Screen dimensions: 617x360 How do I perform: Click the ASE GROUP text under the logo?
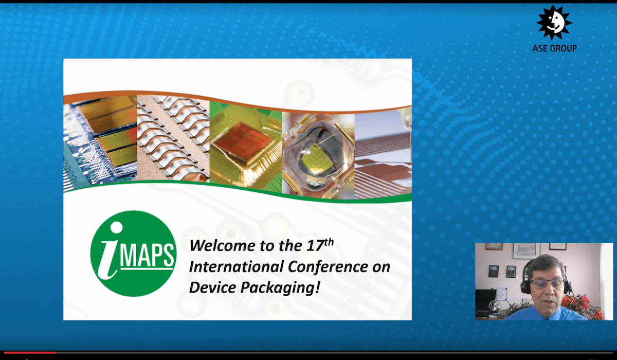pyautogui.click(x=554, y=48)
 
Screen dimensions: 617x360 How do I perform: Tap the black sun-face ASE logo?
pyautogui.click(x=554, y=22)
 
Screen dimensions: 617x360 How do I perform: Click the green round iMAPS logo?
pyautogui.click(x=133, y=254)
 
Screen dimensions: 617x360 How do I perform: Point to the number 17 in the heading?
pyautogui.click(x=315, y=246)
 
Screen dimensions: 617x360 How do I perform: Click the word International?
pyautogui.click(x=237, y=266)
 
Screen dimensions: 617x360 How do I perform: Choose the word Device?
pyautogui.click(x=212, y=287)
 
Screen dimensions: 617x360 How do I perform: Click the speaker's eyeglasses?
pyautogui.click(x=547, y=283)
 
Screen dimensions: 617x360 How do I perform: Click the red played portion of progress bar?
pyautogui.click(x=30, y=353)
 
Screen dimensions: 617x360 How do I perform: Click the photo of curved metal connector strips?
pyautogui.click(x=173, y=139)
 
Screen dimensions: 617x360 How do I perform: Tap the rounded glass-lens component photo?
pyautogui.click(x=318, y=156)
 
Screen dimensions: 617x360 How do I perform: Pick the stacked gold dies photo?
pyautogui.click(x=100, y=143)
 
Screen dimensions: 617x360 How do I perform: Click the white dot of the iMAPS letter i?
pyautogui.click(x=116, y=227)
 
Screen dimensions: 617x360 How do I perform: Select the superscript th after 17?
pyautogui.click(x=329, y=242)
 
